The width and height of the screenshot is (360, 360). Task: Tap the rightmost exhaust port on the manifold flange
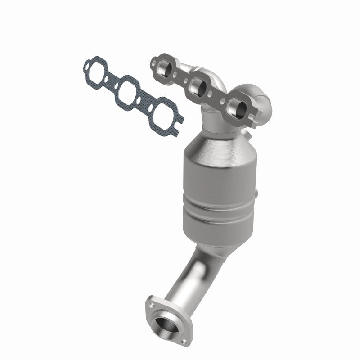pyautogui.click(x=235, y=107)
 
